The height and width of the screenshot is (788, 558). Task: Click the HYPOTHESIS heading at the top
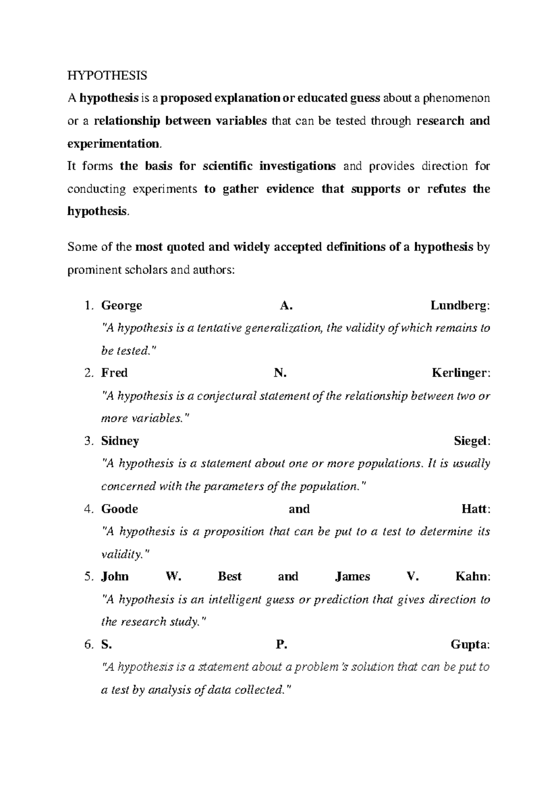click(x=107, y=75)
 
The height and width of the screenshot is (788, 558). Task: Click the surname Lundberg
click(x=459, y=306)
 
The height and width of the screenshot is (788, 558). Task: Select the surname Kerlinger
click(x=460, y=373)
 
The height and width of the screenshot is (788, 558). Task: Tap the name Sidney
click(x=120, y=441)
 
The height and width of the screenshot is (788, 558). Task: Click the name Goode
click(x=120, y=509)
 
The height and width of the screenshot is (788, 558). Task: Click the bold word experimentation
click(x=113, y=144)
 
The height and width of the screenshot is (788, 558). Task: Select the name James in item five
click(x=352, y=577)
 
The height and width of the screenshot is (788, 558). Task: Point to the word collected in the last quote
click(x=262, y=690)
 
